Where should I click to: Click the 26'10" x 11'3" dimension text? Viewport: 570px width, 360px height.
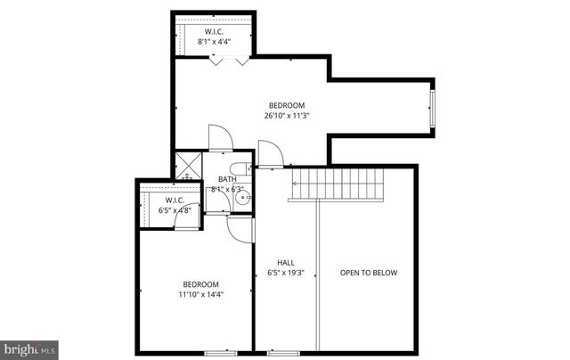[286, 115]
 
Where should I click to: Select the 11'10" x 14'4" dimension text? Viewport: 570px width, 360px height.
[200, 294]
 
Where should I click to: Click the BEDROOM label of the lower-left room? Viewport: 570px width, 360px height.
[200, 284]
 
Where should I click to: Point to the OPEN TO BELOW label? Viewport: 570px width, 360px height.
[368, 273]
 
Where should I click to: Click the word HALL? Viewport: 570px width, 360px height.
[286, 262]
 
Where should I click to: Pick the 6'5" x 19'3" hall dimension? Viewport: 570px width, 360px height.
[286, 273]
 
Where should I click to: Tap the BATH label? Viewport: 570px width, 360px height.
[227, 179]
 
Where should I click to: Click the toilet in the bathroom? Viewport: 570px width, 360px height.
[238, 168]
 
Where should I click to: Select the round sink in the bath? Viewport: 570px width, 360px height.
[241, 200]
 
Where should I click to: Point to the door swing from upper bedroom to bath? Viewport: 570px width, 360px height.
[221, 138]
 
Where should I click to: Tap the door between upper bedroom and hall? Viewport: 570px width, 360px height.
[272, 153]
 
